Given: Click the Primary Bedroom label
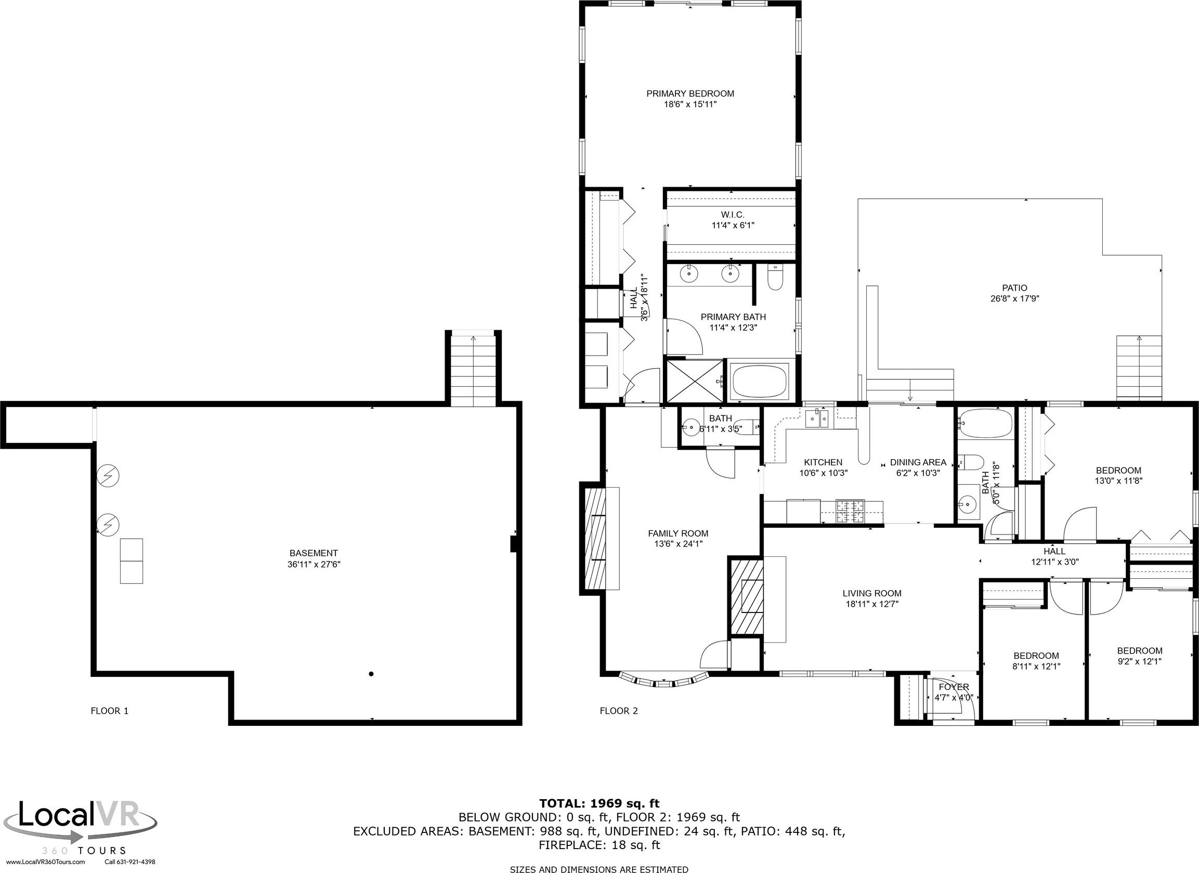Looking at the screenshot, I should click(690, 94).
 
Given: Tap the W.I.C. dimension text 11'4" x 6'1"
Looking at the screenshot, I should click(732, 225).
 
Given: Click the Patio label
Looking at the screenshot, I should click(1014, 288).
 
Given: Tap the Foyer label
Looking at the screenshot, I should click(954, 687).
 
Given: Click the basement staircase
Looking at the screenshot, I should click(473, 369).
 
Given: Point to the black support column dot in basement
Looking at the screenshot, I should click(371, 674).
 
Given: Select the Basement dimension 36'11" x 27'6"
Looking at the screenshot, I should click(314, 564).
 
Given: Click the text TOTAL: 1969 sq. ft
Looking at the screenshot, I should click(599, 804).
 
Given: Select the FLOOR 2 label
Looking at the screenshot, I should click(619, 711).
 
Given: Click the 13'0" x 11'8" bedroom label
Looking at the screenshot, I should click(1118, 481).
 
